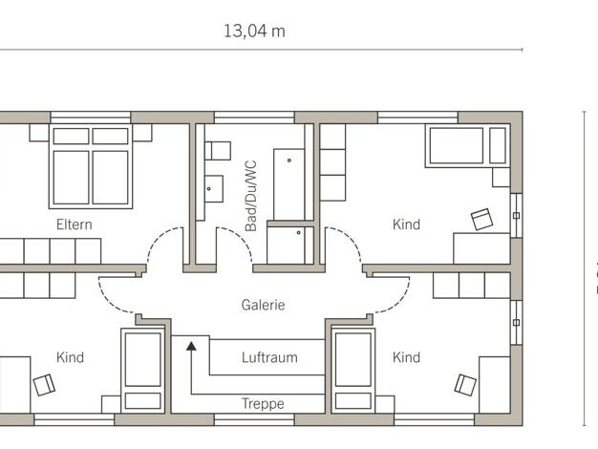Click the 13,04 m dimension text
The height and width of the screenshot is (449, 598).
click(254, 32)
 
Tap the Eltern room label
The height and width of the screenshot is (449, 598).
click(75, 224)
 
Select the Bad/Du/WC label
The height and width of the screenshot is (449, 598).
click(251, 196)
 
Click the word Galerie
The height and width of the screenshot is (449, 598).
click(263, 305)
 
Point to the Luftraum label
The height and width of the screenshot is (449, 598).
click(269, 357)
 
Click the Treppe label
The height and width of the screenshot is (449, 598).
click(263, 403)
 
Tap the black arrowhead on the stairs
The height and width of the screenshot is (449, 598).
click(191, 347)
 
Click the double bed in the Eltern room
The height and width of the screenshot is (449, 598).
click(91, 166)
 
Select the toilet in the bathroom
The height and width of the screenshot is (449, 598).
click(218, 151)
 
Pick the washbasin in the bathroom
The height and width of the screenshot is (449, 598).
click(214, 188)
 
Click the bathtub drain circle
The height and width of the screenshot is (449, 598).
click(289, 160)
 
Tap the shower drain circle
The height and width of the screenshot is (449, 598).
click(299, 232)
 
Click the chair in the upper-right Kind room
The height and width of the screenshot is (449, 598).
click(482, 219)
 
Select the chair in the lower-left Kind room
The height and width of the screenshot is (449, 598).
click(44, 385)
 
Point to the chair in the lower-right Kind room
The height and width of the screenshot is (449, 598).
click(465, 385)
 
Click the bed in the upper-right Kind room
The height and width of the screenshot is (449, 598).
click(468, 145)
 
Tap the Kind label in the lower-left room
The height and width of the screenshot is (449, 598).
click(70, 357)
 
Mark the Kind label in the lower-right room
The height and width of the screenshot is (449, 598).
click(407, 357)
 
